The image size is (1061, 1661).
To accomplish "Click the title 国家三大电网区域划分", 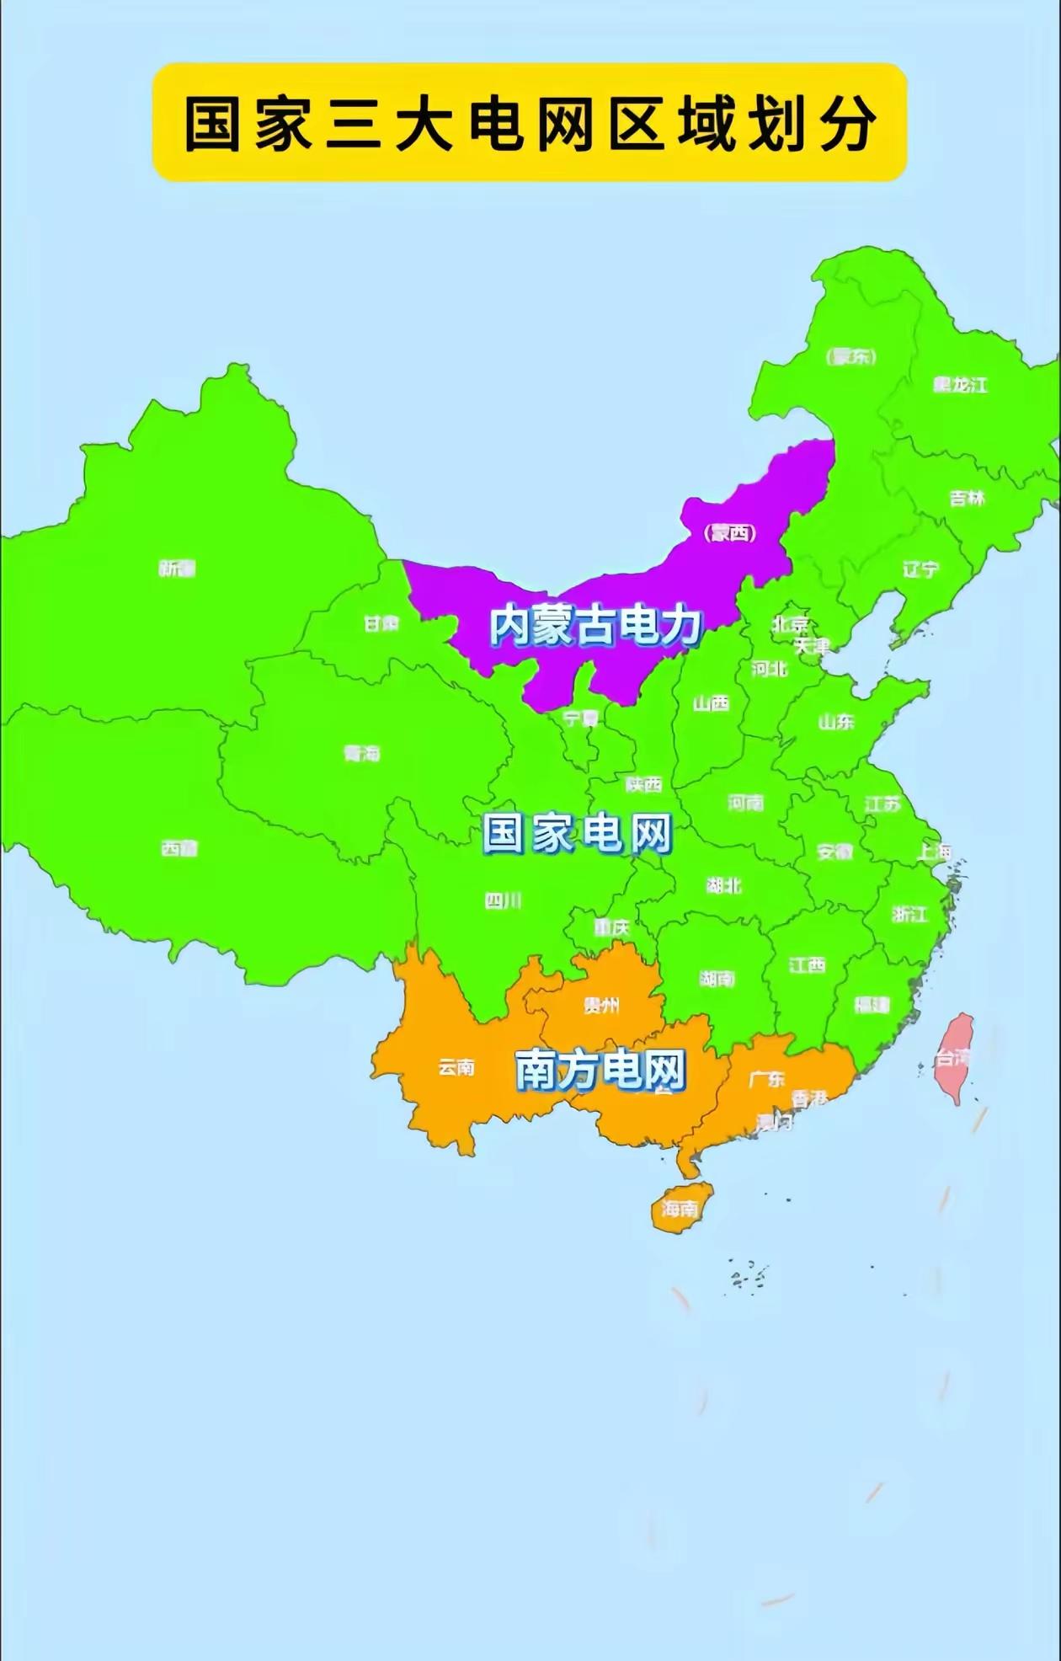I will (x=529, y=123).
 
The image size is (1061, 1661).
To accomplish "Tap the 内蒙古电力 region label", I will (x=595, y=626).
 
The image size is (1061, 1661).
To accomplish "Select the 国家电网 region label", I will (x=577, y=834).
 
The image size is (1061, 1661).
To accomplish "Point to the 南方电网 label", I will (x=600, y=1070).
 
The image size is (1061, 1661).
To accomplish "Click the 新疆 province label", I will (x=177, y=569).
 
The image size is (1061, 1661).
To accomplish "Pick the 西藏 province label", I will (x=179, y=848).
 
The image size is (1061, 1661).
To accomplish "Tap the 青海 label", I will (x=362, y=753).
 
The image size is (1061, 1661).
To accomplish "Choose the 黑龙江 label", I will (x=960, y=385).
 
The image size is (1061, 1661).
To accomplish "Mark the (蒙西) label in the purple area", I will (x=729, y=533).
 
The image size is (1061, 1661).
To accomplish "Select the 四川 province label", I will (x=503, y=901).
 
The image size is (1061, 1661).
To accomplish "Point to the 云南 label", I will (x=456, y=1068).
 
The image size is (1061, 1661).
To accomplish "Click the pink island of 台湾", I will (x=955, y=1056).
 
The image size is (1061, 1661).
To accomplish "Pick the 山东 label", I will (x=835, y=722).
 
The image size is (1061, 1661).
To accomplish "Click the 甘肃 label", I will (x=381, y=624).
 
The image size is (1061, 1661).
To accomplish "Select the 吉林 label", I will (x=967, y=498).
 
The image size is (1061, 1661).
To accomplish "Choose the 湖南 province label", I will (x=717, y=979).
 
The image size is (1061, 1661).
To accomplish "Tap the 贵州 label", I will (x=601, y=1005).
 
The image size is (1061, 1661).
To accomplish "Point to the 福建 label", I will (x=872, y=1004).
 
